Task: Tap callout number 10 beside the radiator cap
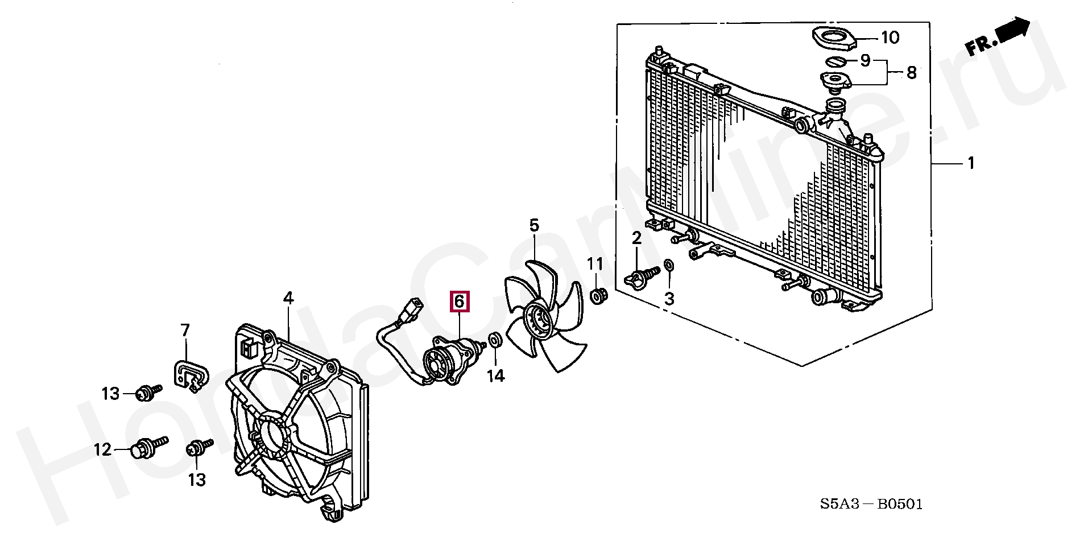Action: point(890,38)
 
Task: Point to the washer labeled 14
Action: point(495,341)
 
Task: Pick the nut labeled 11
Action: point(597,296)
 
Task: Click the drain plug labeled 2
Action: point(640,276)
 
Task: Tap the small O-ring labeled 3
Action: point(669,265)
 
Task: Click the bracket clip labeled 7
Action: point(190,373)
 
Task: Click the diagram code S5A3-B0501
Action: point(871,504)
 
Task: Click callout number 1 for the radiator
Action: point(971,164)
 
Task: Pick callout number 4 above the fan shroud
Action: point(288,298)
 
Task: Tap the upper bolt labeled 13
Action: point(146,392)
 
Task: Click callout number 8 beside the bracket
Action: point(911,73)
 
